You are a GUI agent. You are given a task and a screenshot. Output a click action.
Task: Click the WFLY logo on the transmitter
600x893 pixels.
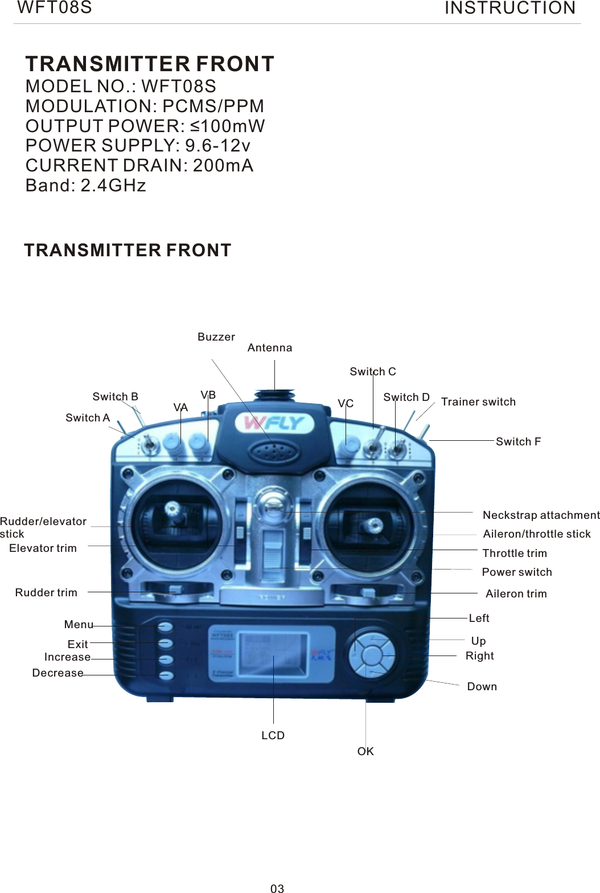(x=274, y=423)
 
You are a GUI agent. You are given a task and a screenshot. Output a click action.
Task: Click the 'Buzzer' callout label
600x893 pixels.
(x=216, y=337)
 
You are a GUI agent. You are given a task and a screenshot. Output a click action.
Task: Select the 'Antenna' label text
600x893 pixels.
(x=270, y=348)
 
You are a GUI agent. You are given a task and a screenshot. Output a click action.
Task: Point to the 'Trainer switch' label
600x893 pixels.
(x=478, y=402)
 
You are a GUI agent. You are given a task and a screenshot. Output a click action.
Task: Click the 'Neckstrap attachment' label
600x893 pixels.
(x=541, y=515)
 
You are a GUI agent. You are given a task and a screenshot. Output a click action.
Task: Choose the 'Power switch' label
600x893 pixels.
(x=517, y=572)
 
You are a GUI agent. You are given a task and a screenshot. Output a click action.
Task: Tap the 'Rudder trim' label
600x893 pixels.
(x=46, y=593)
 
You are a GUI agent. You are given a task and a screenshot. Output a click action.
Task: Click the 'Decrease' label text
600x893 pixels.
(x=57, y=673)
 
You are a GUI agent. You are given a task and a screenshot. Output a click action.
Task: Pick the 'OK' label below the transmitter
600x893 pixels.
(x=365, y=752)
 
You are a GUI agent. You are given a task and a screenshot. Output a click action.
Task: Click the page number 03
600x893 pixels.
(x=277, y=888)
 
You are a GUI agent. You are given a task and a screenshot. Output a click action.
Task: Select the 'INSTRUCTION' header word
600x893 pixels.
(x=510, y=9)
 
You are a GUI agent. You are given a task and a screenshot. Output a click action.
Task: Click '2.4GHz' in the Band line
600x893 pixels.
(x=113, y=186)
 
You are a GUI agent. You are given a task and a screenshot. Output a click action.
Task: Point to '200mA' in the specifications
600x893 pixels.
(x=223, y=166)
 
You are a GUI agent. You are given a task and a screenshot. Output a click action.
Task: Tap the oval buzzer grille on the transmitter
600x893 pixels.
(x=274, y=453)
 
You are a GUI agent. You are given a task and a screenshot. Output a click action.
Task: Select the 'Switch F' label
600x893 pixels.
(x=518, y=442)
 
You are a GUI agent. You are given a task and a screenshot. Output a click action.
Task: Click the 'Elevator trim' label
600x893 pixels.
(x=43, y=548)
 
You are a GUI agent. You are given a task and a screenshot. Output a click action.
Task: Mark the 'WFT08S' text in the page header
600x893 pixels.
(x=55, y=8)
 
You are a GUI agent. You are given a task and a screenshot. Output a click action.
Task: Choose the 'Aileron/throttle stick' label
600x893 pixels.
(x=537, y=534)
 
